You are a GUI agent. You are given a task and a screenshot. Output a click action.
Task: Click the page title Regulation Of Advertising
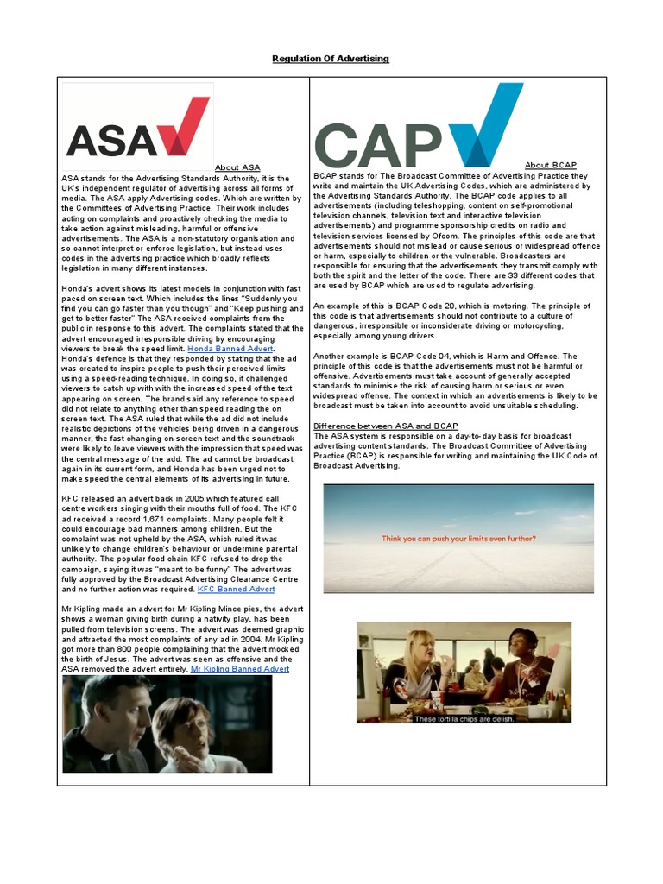[x=331, y=59]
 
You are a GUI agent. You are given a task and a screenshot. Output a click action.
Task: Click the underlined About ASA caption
[x=237, y=167]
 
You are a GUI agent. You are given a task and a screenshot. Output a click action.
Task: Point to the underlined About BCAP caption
[x=550, y=165]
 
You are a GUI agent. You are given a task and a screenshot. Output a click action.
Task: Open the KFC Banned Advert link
[x=236, y=589]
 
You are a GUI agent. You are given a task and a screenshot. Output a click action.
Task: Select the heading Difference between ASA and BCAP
[x=385, y=426]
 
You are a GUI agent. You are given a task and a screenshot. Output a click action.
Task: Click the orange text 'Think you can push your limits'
[x=458, y=539]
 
